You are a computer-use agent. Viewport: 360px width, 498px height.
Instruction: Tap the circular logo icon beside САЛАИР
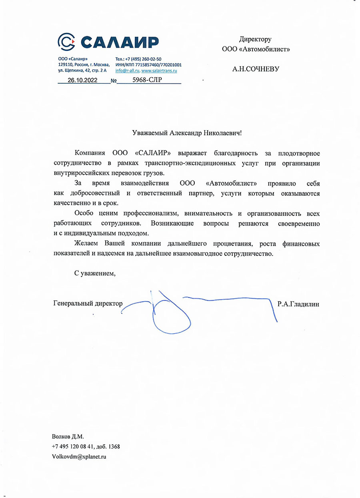[66, 41]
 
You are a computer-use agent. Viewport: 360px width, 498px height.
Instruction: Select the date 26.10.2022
[82, 80]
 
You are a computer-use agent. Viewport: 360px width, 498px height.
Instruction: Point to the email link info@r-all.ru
[127, 70]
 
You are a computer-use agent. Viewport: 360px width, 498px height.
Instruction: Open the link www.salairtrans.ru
[159, 70]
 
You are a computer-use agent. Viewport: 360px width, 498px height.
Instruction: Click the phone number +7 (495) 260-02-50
[144, 59]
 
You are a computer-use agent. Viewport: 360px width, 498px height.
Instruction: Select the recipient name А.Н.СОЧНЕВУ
[256, 69]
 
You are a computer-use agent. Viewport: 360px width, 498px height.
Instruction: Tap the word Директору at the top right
[255, 39]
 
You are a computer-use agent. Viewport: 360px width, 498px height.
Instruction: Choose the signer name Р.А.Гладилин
[298, 304]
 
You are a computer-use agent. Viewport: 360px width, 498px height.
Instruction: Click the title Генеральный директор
[88, 304]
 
